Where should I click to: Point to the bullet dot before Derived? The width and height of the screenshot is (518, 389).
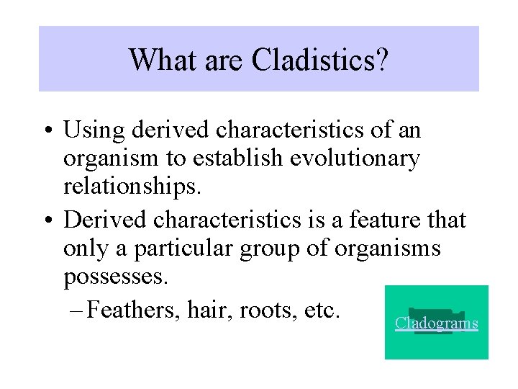coord(47,220)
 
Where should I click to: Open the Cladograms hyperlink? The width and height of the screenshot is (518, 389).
coord(436,323)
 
